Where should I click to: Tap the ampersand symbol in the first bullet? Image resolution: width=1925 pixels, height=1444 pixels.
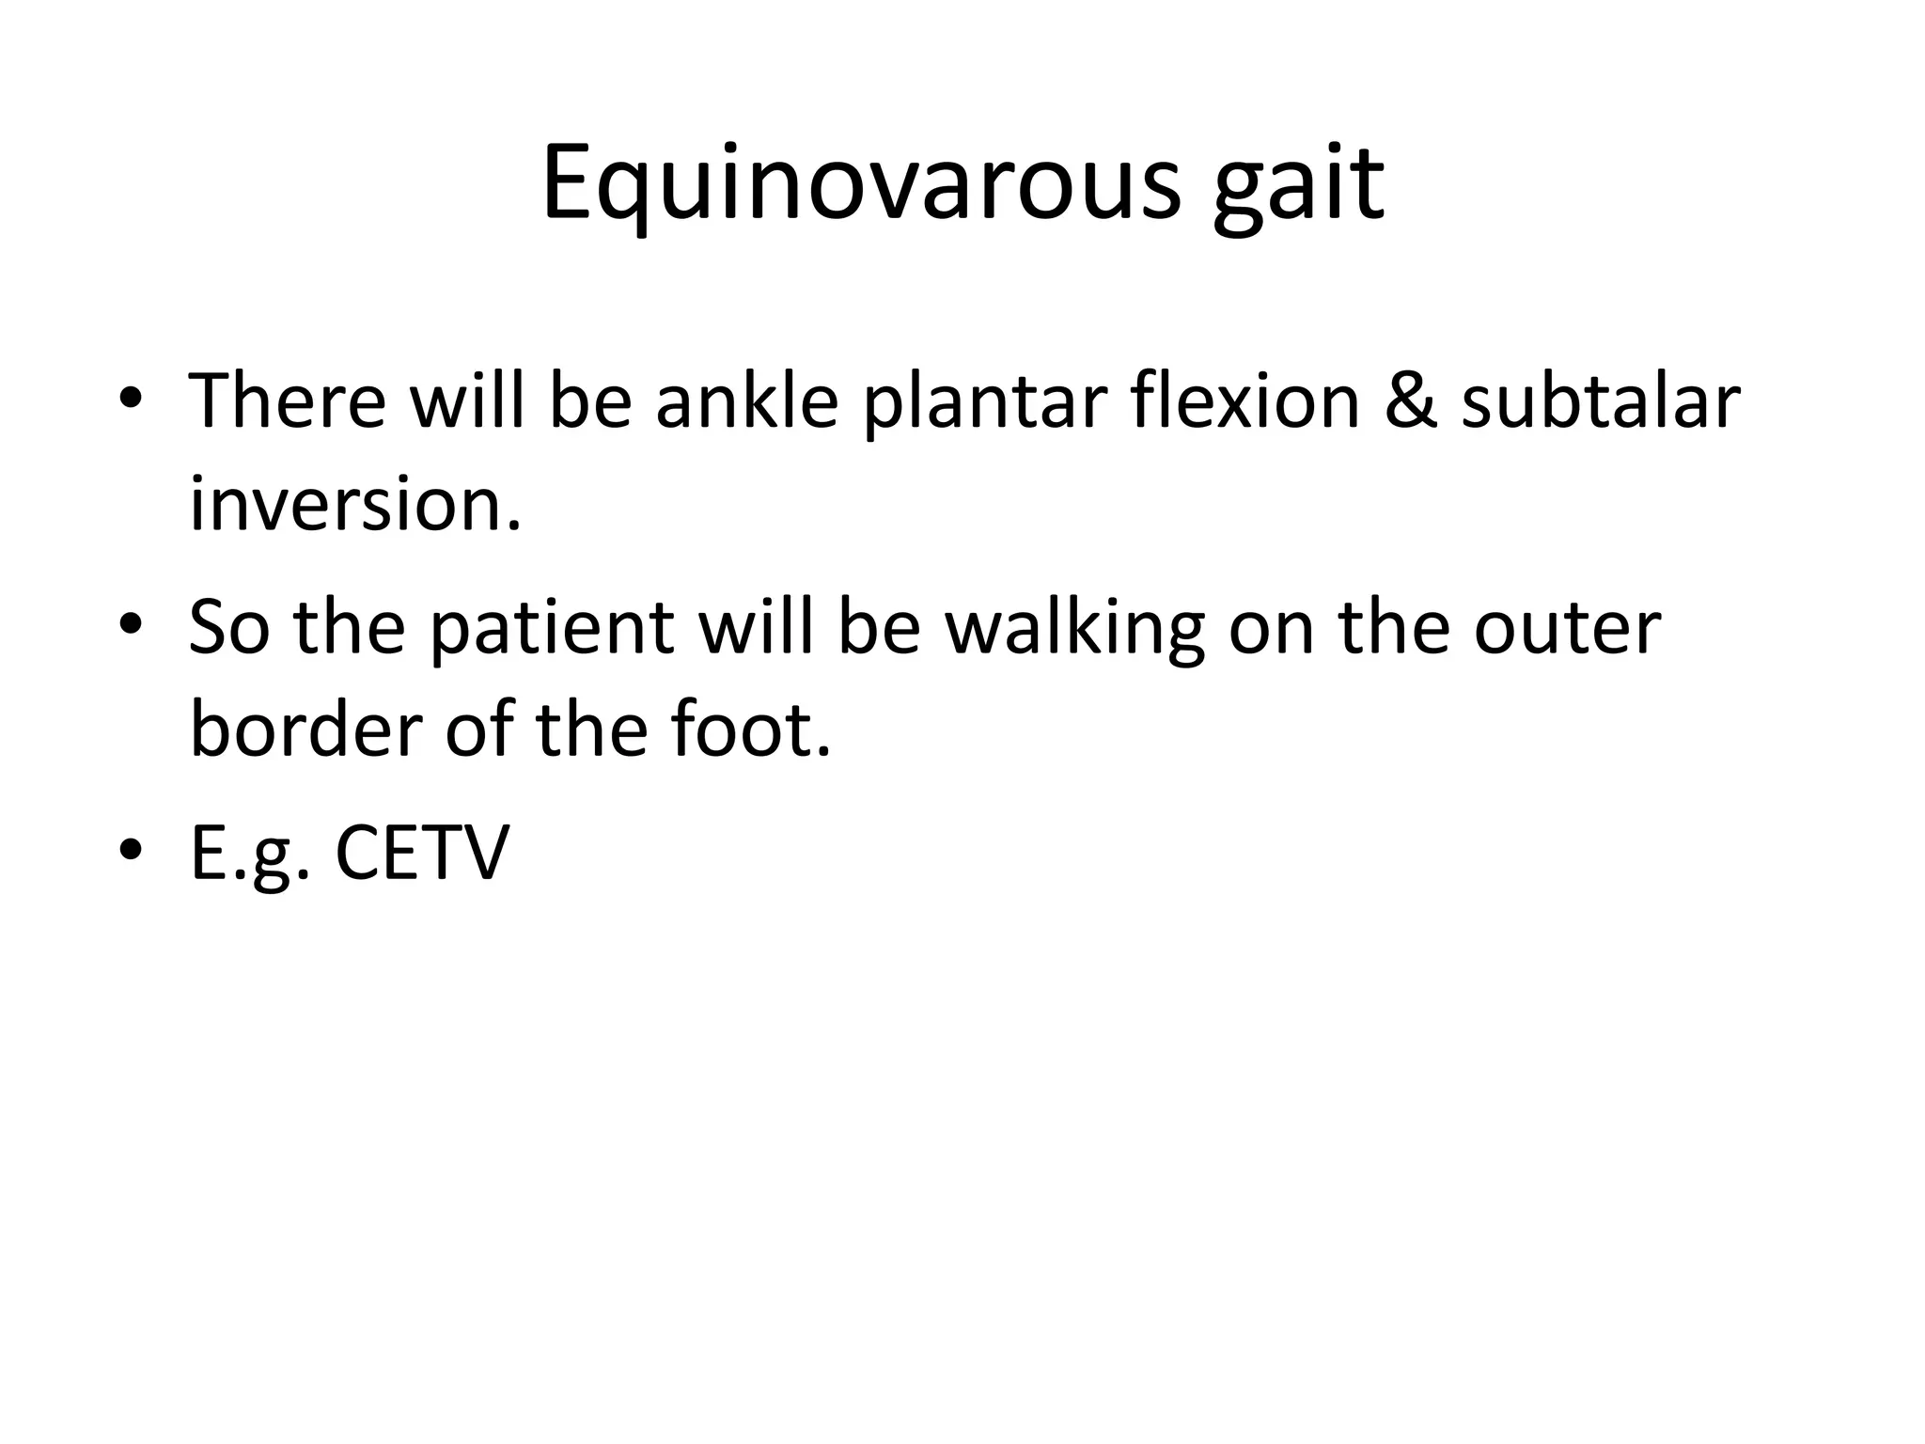pyautogui.click(x=1410, y=401)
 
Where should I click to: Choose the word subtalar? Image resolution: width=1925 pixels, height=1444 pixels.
pyautogui.click(x=1601, y=401)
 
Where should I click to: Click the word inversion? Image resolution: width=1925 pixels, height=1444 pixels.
pyautogui.click(x=354, y=504)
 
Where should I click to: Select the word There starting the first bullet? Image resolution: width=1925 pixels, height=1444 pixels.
pyautogui.click(x=288, y=401)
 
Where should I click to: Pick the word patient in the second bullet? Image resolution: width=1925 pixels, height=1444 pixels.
pyautogui.click(x=552, y=627)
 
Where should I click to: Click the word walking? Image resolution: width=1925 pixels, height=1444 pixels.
pyautogui.click(x=1074, y=627)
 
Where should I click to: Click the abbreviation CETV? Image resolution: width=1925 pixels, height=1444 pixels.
pyautogui.click(x=422, y=853)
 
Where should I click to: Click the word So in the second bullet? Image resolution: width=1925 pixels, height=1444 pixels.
pyautogui.click(x=228, y=627)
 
